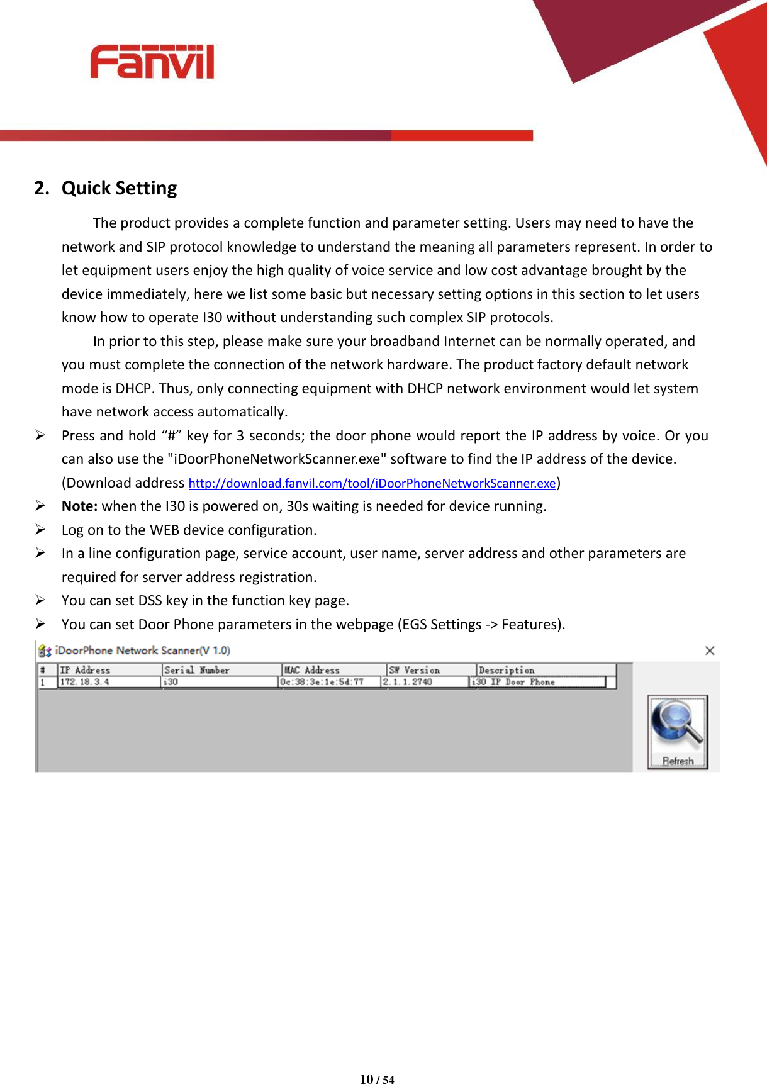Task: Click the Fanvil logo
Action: pos(152,62)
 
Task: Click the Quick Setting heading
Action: pos(118,188)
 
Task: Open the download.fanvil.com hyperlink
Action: pos(372,483)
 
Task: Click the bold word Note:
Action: pos(79,506)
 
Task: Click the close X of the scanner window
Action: pos(709,651)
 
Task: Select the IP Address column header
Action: pos(85,670)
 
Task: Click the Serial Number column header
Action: pos(196,670)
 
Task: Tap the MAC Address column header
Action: pos(312,670)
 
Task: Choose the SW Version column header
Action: pos(414,670)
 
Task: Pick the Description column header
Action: pos(507,670)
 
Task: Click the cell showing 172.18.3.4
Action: pos(85,682)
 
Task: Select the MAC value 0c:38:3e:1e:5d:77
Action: pos(322,682)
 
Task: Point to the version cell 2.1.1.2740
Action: pos(408,682)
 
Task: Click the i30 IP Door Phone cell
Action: pos(513,682)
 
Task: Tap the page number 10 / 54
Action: pos(377,1079)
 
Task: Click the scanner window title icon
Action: pos(45,651)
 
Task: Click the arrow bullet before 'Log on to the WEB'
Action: pos(40,530)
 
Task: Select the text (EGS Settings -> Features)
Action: pos(481,625)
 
